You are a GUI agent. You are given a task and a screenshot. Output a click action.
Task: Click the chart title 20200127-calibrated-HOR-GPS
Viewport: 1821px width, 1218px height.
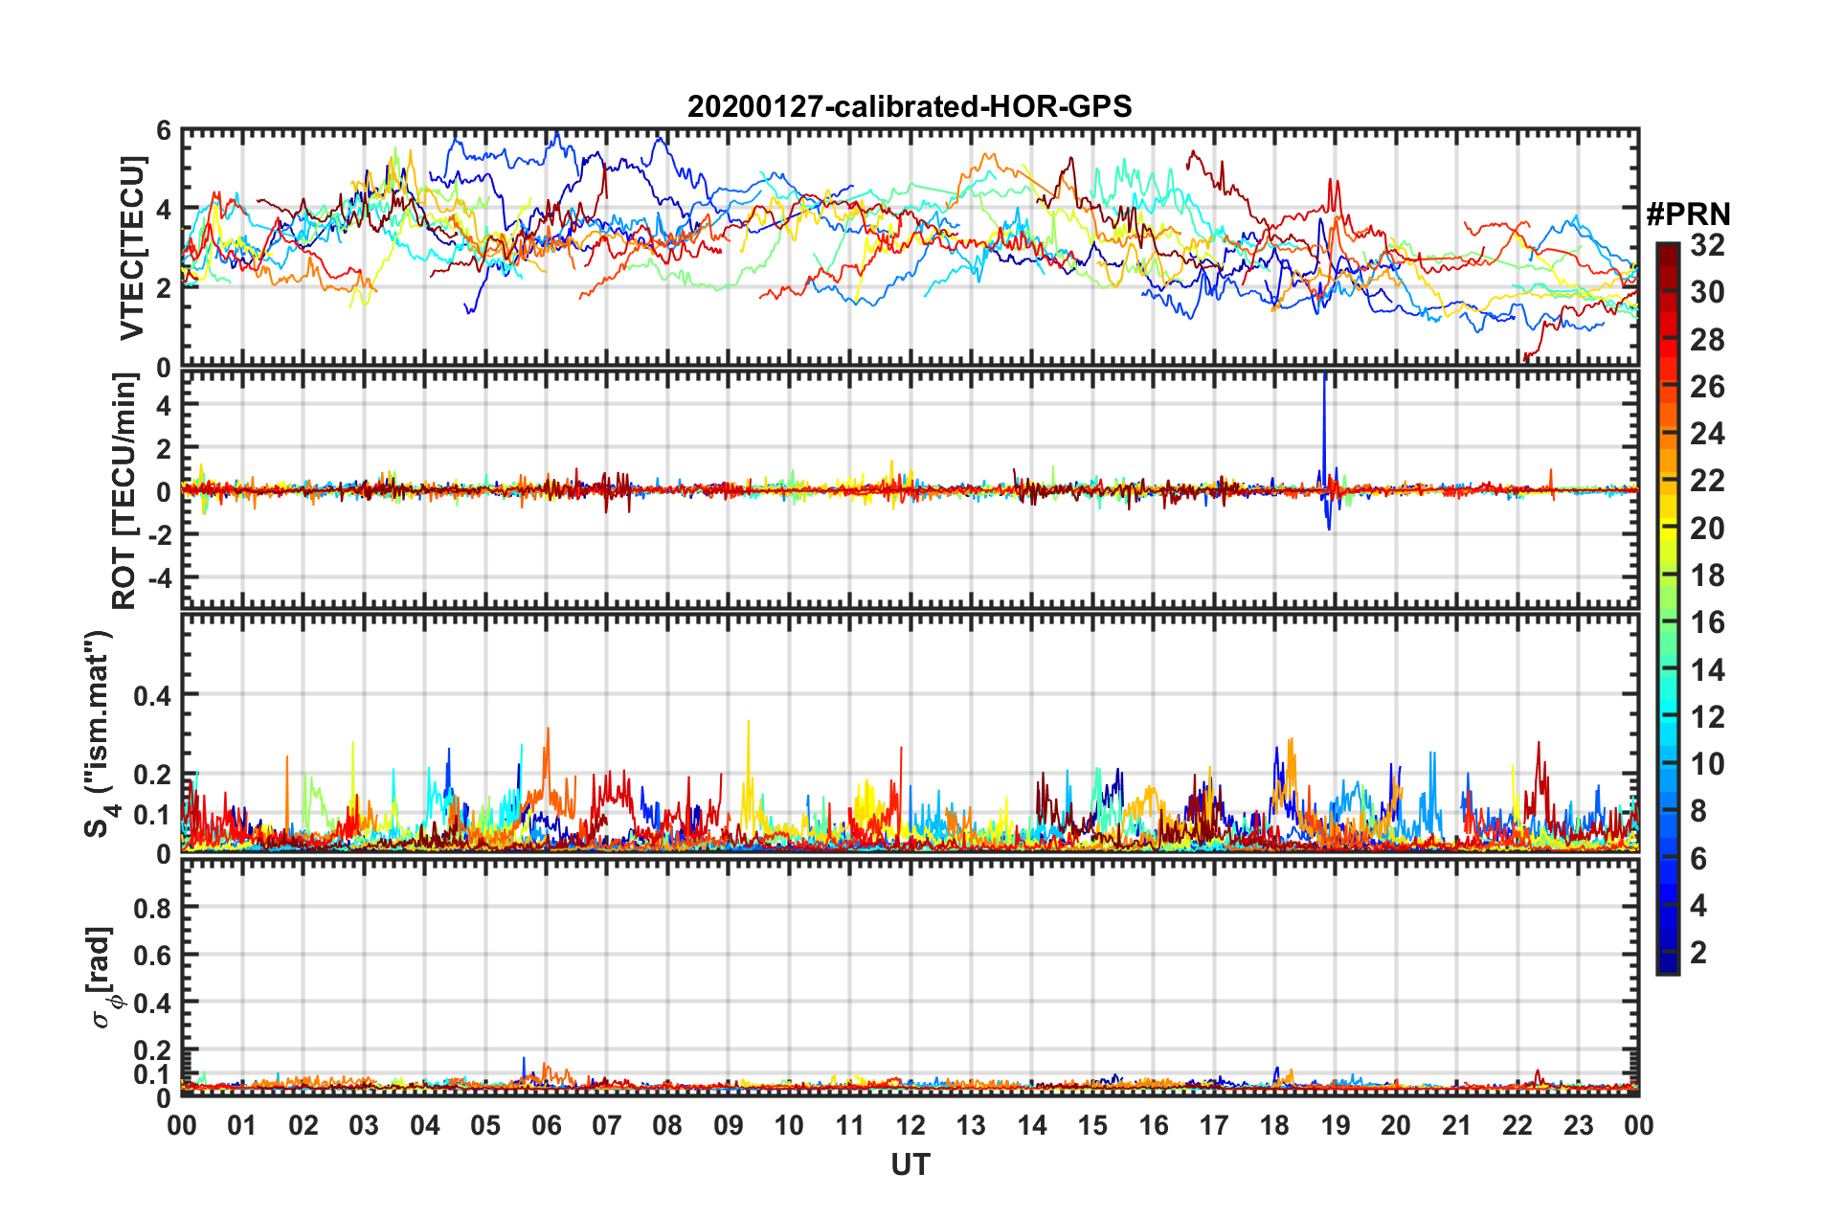[910, 106]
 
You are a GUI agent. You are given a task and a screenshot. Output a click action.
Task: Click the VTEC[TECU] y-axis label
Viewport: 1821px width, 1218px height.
[131, 249]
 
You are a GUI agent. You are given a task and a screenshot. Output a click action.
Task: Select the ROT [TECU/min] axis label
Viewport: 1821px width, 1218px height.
[124, 491]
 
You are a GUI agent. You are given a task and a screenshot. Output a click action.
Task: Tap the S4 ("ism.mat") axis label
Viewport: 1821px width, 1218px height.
[100, 733]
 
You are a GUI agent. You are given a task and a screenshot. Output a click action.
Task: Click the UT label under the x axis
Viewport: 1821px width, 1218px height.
[910, 1164]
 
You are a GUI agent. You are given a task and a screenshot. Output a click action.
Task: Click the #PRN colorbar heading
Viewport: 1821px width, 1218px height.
[1688, 214]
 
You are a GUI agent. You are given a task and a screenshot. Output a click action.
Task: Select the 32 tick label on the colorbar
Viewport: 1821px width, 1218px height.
[1707, 245]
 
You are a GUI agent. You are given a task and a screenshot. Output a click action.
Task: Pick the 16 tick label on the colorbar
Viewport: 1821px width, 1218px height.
[1707, 622]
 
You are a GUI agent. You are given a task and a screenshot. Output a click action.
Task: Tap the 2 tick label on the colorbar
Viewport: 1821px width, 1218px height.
[1698, 952]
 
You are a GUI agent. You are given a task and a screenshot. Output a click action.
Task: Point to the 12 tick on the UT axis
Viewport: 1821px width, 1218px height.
[910, 1125]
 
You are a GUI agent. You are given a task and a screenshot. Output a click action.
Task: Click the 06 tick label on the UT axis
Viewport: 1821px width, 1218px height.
[546, 1125]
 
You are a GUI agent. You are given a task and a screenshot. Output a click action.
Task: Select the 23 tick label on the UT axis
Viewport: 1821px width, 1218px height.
[1578, 1125]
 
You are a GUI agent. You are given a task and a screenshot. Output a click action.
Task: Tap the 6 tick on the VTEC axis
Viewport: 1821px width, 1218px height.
[164, 131]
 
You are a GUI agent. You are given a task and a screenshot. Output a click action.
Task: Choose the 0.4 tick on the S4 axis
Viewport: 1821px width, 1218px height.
[152, 695]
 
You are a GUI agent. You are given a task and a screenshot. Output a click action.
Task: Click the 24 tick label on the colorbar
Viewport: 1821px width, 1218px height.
[1707, 434]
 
